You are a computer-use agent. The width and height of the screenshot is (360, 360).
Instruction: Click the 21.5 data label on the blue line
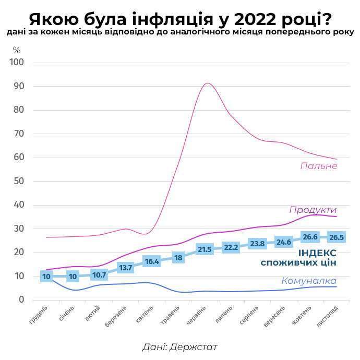coord(205,249)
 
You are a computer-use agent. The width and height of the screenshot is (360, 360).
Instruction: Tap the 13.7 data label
coord(125,268)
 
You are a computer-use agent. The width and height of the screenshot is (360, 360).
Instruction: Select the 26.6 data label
coord(310,237)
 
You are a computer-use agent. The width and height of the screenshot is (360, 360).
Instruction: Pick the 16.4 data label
coord(152,261)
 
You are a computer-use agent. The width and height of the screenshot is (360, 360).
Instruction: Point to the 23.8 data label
coord(257,244)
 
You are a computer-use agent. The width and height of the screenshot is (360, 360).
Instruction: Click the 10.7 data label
coord(99,274)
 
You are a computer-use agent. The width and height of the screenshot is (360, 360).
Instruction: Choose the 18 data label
coord(178,257)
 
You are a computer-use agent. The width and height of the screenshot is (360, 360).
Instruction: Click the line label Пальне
coord(318,166)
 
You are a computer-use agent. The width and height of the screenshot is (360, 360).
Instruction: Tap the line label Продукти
coord(313,210)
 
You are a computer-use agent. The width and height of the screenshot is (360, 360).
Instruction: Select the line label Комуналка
coord(309,281)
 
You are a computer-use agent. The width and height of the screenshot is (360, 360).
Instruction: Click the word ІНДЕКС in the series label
coord(317,253)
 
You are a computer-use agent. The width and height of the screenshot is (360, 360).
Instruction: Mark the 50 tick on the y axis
coord(19,181)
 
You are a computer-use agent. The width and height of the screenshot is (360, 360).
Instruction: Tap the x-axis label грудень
coord(39,315)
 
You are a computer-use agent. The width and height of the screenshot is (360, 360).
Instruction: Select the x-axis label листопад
coord(330,316)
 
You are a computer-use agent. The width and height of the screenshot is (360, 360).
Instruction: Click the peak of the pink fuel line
coord(208,83)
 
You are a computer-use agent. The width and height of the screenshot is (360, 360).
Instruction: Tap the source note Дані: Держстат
coord(179,347)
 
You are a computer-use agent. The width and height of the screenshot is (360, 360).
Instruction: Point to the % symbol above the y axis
coord(17,50)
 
